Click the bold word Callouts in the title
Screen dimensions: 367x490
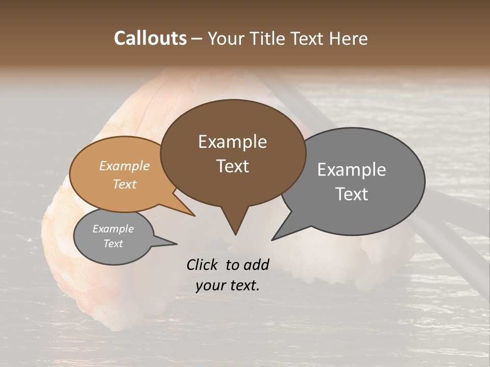click(150, 38)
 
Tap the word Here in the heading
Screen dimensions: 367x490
click(348, 38)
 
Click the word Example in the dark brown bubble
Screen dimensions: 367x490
click(232, 142)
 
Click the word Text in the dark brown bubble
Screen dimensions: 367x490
click(232, 166)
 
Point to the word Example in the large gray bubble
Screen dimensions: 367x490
click(352, 170)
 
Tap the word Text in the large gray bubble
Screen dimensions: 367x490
click(352, 194)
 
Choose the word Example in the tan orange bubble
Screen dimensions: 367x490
click(125, 166)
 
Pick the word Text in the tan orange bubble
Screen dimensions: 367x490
click(125, 184)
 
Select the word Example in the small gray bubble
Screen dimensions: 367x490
click(113, 229)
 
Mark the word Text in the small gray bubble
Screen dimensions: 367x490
click(113, 244)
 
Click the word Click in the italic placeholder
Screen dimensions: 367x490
click(203, 265)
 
